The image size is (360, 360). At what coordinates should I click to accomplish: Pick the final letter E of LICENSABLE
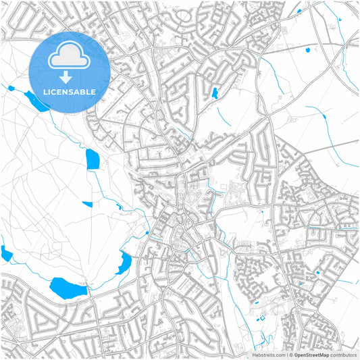click(x=93, y=92)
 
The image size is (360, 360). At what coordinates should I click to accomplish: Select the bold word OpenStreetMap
click(x=311, y=355)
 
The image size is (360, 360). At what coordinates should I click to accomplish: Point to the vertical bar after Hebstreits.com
click(x=286, y=355)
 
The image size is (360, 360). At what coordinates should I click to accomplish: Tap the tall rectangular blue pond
click(x=92, y=159)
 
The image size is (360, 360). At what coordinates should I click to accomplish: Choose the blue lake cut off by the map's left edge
click(x=6, y=254)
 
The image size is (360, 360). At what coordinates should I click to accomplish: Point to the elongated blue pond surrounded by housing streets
click(x=215, y=94)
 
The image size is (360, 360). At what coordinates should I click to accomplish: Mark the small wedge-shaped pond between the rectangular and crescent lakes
click(x=87, y=204)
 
